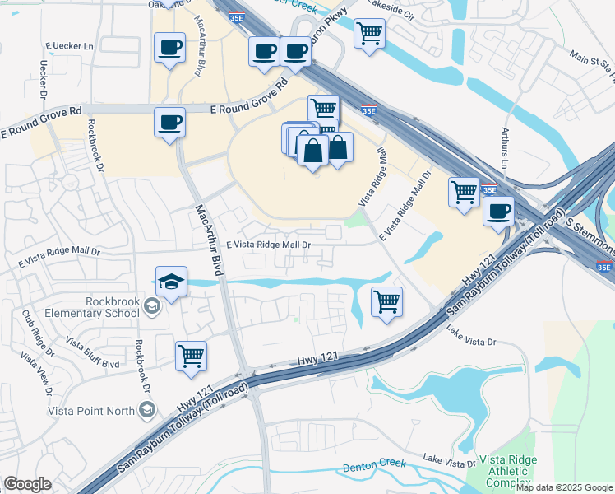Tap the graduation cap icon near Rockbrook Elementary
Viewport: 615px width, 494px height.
click(x=171, y=282)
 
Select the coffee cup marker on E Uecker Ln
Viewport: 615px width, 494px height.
click(x=169, y=48)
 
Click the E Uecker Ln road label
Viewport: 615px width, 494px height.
click(x=72, y=46)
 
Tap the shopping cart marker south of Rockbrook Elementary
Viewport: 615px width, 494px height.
click(x=191, y=357)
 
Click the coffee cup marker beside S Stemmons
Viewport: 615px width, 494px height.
click(x=498, y=212)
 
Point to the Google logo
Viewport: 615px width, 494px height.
click(x=27, y=484)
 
